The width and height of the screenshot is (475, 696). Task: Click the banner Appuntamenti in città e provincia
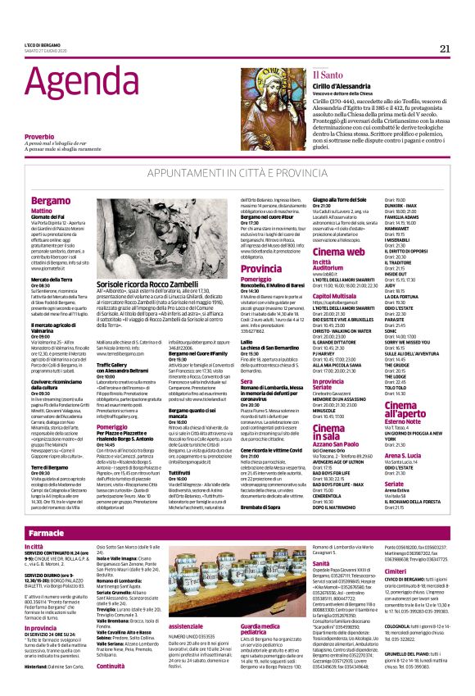[x=237, y=175]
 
